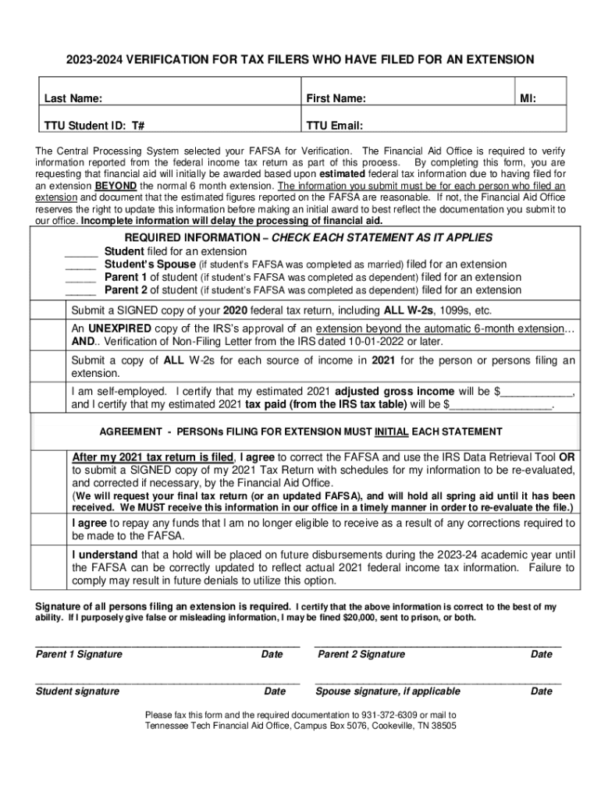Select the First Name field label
pos(336,99)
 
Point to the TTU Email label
pos(335,125)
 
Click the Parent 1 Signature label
pos(79,655)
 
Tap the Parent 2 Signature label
pos(361,655)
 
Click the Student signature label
pos(78,691)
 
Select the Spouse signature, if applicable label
pos(388,691)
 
